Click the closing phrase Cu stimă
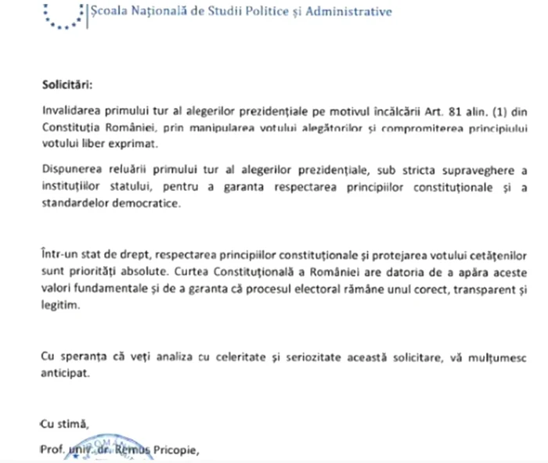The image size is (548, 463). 64,424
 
